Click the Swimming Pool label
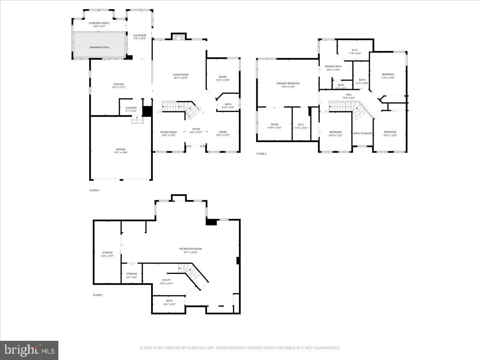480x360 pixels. pyautogui.click(x=99, y=47)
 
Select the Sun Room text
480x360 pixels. pyautogui.click(x=140, y=36)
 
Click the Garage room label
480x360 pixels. pyautogui.click(x=121, y=150)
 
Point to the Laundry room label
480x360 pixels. pyautogui.click(x=131, y=108)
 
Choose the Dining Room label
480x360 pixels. pyautogui.click(x=168, y=132)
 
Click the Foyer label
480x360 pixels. pyautogui.click(x=195, y=129)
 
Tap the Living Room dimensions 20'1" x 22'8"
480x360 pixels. pyautogui.click(x=180, y=78)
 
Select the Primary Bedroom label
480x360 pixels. pyautogui.click(x=288, y=83)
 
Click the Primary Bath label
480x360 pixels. pyautogui.click(x=333, y=66)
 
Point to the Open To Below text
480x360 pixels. pyautogui.click(x=362, y=133)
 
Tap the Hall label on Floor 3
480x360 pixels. pyautogui.click(x=349, y=94)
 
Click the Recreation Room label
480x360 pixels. pyautogui.click(x=190, y=249)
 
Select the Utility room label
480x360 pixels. pyautogui.click(x=166, y=280)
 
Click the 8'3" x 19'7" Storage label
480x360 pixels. pyautogui.click(x=107, y=252)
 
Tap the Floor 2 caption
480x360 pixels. pyautogui.click(x=94, y=190)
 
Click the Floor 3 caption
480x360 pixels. pyautogui.click(x=261, y=154)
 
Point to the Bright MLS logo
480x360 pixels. pyautogui.click(x=29, y=350)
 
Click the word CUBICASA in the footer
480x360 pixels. pyautogui.click(x=196, y=348)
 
